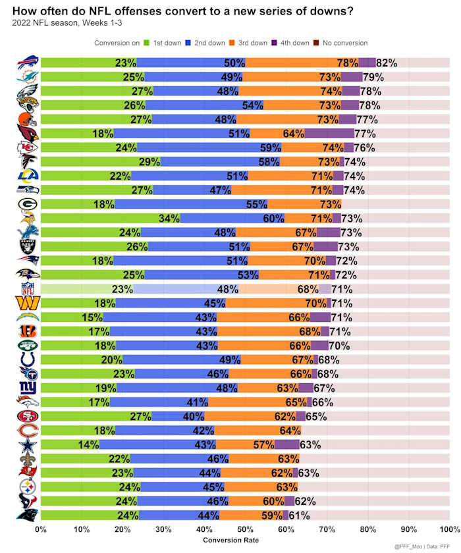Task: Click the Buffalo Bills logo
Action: [x=28, y=63]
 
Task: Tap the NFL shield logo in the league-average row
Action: [x=28, y=288]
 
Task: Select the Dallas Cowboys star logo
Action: [x=28, y=444]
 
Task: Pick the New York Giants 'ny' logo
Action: [x=28, y=388]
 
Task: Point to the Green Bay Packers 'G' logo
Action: [x=28, y=203]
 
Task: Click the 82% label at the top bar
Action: [x=387, y=63]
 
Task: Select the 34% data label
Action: [x=169, y=218]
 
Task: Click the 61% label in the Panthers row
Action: [x=299, y=515]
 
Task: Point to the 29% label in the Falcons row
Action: [x=149, y=161]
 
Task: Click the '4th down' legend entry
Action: [x=289, y=43]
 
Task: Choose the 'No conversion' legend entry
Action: [x=342, y=43]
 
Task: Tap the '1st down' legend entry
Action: [x=164, y=43]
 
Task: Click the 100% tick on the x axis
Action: [x=449, y=529]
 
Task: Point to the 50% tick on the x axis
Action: [x=245, y=529]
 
